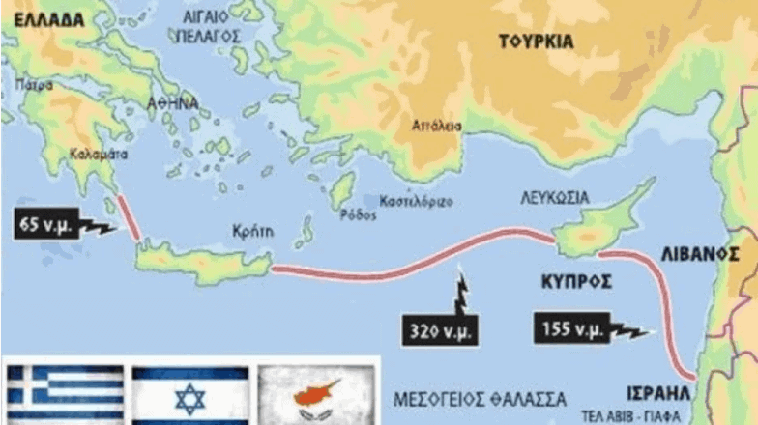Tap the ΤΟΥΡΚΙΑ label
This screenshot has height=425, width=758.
[x=536, y=42]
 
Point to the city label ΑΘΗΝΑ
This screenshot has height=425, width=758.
[x=174, y=102]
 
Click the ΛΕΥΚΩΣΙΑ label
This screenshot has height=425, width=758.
[x=558, y=196]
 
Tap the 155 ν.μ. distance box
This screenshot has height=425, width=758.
[x=570, y=329]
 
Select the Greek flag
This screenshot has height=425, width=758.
[x=65, y=394]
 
